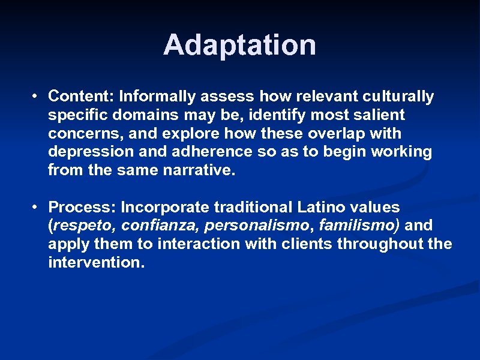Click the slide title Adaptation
[239, 45]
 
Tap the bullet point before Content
[37, 96]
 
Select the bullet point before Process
[37, 207]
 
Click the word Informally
[157, 96]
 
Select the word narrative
[198, 170]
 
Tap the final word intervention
[96, 263]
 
